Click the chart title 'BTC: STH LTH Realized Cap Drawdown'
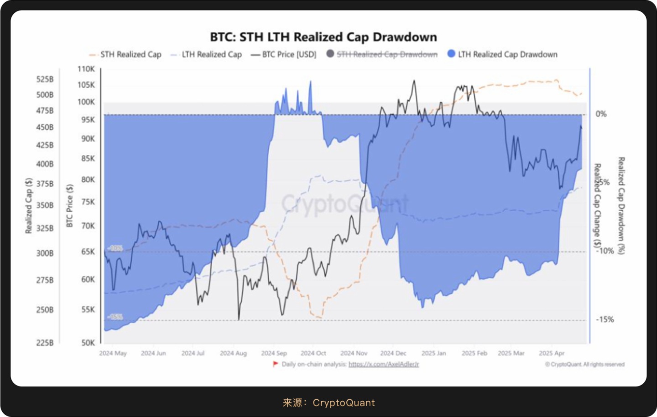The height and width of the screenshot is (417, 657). point(323,37)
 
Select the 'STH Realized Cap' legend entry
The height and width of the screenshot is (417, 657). point(130,54)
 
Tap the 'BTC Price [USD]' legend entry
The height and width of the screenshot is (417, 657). point(289,54)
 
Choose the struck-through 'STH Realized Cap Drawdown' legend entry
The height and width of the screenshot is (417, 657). point(387,54)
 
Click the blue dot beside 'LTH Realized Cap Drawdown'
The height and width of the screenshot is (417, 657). point(451,54)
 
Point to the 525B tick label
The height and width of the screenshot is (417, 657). point(45,79)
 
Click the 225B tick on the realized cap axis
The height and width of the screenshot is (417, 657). point(45,343)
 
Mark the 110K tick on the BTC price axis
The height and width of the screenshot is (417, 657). point(86,69)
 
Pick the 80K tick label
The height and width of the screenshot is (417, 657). point(88,179)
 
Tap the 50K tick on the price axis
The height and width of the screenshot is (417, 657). point(88,343)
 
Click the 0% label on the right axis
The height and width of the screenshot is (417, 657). point(601,114)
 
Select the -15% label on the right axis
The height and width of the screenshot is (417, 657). point(605,320)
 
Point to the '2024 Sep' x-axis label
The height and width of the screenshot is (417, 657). point(274,353)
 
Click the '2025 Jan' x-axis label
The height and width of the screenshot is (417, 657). point(433,353)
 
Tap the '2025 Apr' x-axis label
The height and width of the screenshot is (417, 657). point(551,353)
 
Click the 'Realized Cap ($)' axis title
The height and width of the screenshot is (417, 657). point(29,206)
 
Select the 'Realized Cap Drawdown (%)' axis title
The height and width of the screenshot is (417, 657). point(621,206)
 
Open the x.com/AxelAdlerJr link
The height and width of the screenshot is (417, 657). point(383,364)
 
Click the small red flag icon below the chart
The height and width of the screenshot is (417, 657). point(275,364)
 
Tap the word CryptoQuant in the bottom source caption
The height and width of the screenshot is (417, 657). point(344,402)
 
